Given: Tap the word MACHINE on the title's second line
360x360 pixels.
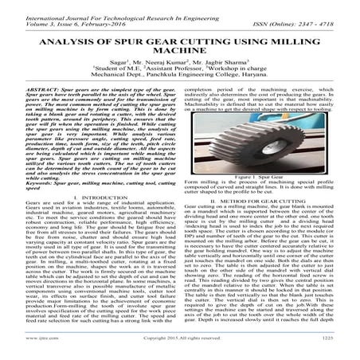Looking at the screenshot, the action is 180,59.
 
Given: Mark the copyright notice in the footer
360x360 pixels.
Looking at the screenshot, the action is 180,350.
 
